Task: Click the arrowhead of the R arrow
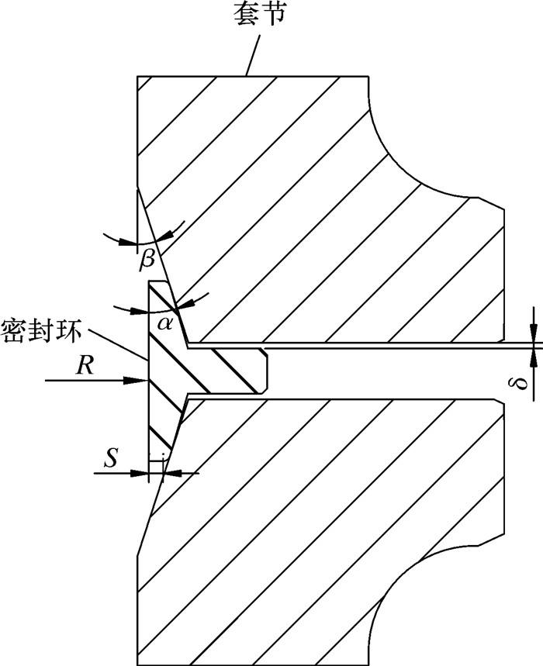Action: [141, 380]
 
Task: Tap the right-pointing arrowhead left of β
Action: [129, 243]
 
